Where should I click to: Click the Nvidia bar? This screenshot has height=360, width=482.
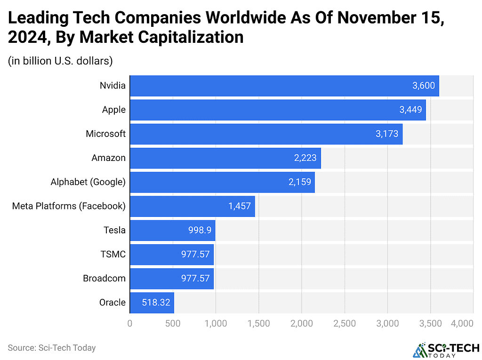tap(284, 86)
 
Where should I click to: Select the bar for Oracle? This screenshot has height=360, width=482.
tap(152, 303)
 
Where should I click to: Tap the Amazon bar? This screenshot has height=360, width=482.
tap(225, 158)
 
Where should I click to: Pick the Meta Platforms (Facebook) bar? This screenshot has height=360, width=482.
tap(192, 206)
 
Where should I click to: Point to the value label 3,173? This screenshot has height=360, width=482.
tap(387, 134)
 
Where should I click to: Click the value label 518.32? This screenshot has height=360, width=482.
tap(156, 303)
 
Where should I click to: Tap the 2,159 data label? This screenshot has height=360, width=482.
tap(300, 182)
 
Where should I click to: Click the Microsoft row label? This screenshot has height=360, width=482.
tap(105, 134)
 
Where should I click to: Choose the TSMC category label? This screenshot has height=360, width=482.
tap(113, 254)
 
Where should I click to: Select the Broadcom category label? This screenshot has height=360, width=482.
tap(104, 278)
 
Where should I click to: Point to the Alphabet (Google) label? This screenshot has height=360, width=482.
tap(88, 182)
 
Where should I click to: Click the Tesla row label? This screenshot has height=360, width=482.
tap(114, 230)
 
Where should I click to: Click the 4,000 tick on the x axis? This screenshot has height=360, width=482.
tap(462, 324)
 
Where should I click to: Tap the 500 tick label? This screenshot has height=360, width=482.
tap(173, 324)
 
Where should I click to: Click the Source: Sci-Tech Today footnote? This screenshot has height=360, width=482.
tap(52, 348)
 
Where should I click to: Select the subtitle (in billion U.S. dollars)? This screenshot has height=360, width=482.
tap(60, 61)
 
